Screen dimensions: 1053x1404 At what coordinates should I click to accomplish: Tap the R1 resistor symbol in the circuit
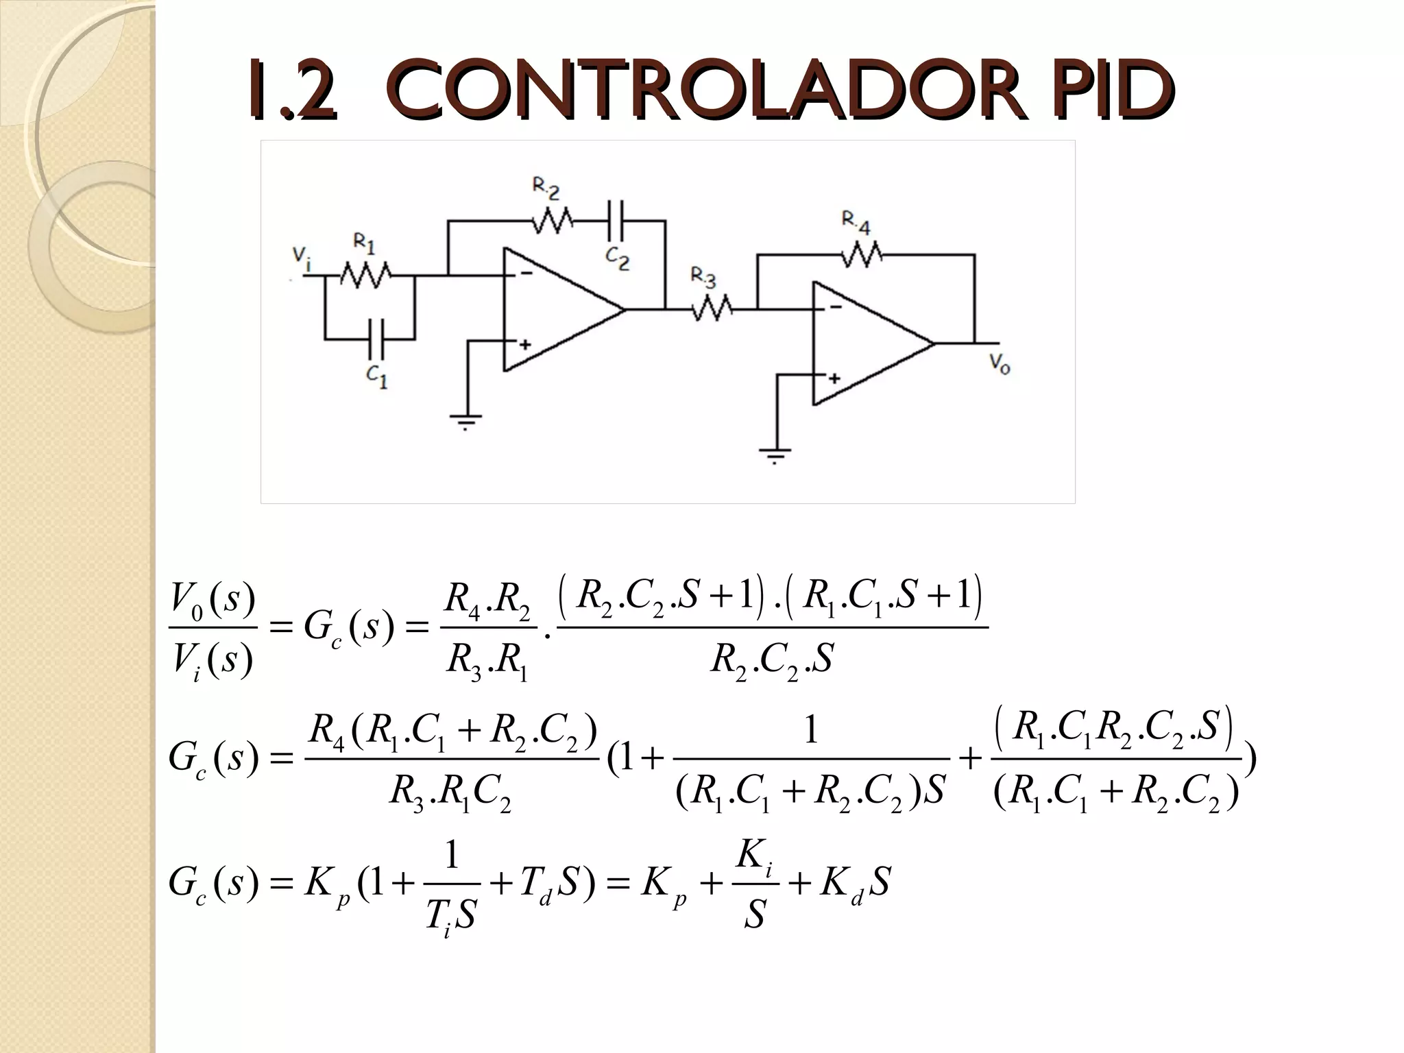365,276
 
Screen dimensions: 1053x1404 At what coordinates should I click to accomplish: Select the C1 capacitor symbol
376,339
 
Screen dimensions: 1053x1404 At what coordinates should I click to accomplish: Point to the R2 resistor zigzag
553,221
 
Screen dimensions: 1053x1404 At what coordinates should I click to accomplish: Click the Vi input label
300,255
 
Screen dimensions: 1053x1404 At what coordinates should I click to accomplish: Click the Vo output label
1000,364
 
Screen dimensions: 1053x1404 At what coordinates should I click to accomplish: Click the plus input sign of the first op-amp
524,345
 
